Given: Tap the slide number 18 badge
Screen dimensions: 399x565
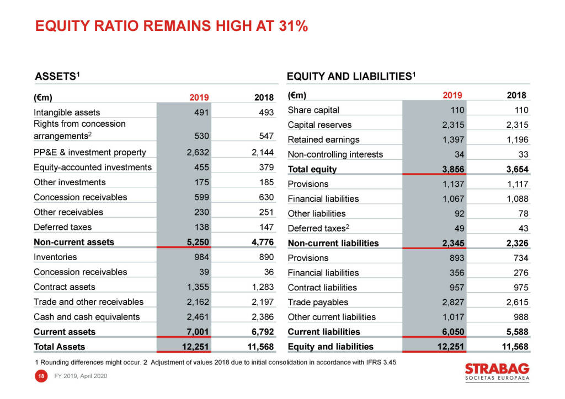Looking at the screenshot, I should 40,376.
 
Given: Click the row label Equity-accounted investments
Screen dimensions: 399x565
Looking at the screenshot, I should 92,168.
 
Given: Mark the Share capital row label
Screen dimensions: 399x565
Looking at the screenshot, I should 313,110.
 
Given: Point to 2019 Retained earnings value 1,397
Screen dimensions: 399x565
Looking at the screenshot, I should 452,139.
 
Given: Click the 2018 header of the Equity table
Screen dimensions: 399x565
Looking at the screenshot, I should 517,95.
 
